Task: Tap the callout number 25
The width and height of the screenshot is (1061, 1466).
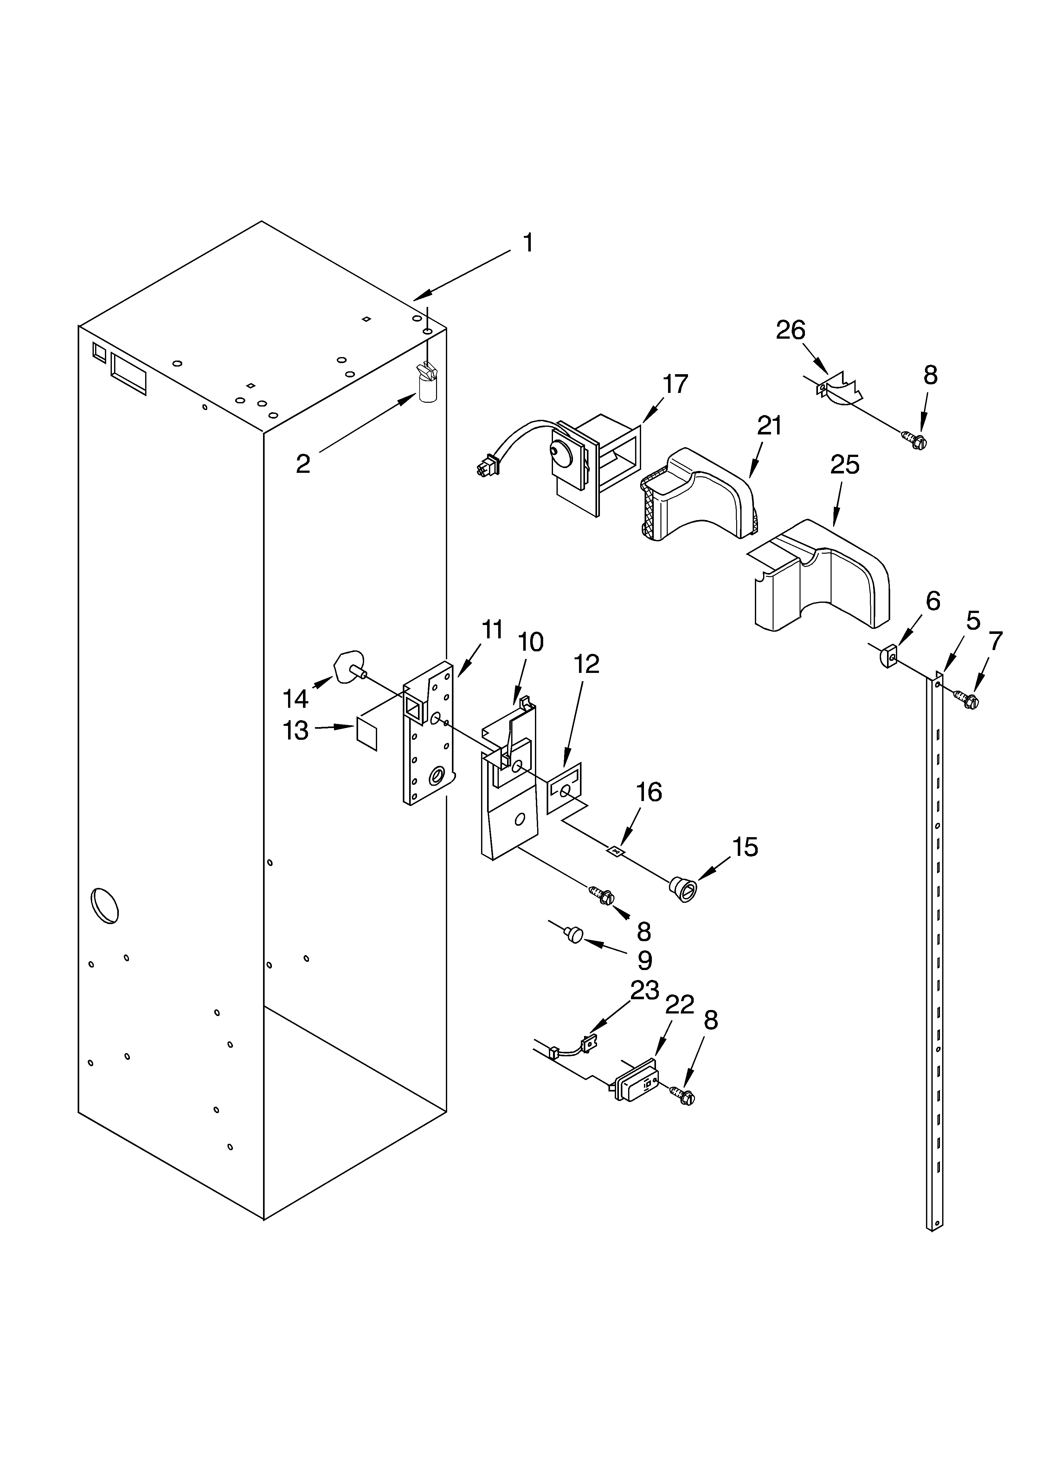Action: (845, 465)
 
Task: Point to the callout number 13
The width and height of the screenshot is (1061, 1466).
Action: (295, 731)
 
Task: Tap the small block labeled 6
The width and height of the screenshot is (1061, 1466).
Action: (889, 657)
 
